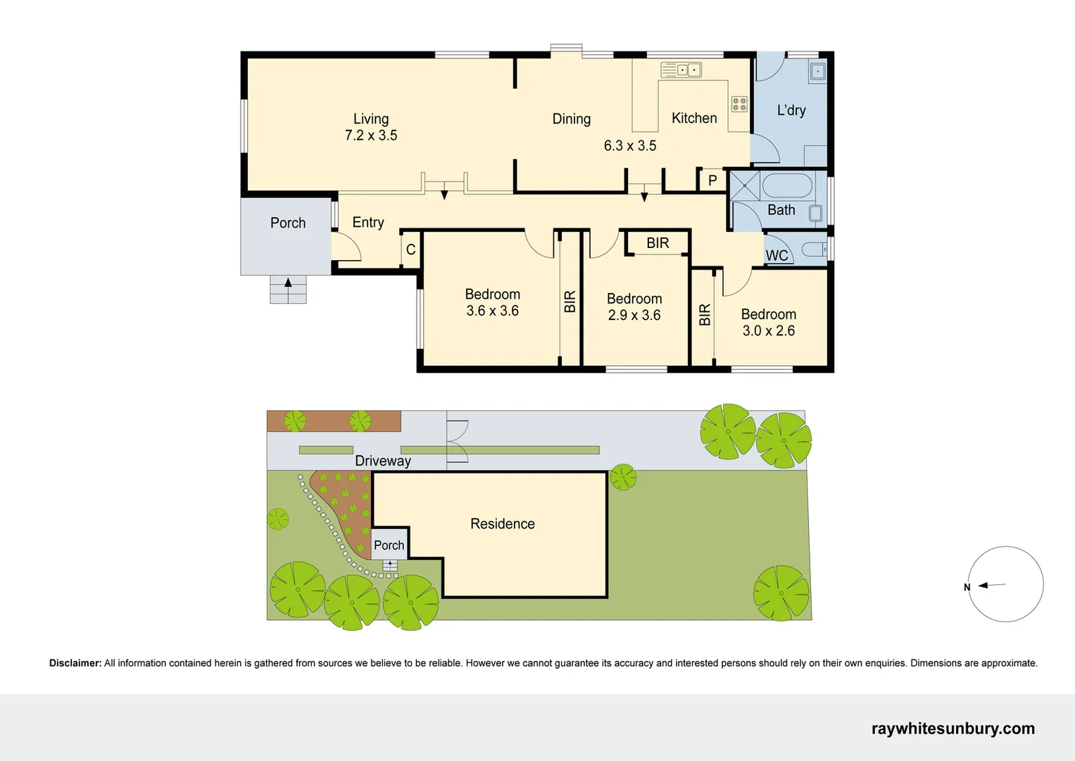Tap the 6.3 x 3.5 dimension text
click(x=629, y=146)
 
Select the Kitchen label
click(x=693, y=118)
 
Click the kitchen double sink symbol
click(x=681, y=70)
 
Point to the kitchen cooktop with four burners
click(x=738, y=104)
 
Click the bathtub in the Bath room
click(x=786, y=185)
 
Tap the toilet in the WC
click(x=814, y=249)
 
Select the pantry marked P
click(x=712, y=180)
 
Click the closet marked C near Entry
click(x=410, y=250)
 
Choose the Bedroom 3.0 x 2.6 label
click(x=768, y=323)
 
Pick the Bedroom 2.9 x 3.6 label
click(x=634, y=307)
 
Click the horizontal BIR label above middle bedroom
click(x=658, y=243)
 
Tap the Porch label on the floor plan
click(x=288, y=223)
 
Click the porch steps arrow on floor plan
click(x=288, y=283)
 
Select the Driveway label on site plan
click(x=382, y=461)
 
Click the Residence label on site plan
click(x=502, y=524)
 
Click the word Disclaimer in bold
click(x=75, y=663)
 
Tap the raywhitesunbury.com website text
click(x=953, y=729)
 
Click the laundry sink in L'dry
click(x=817, y=71)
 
